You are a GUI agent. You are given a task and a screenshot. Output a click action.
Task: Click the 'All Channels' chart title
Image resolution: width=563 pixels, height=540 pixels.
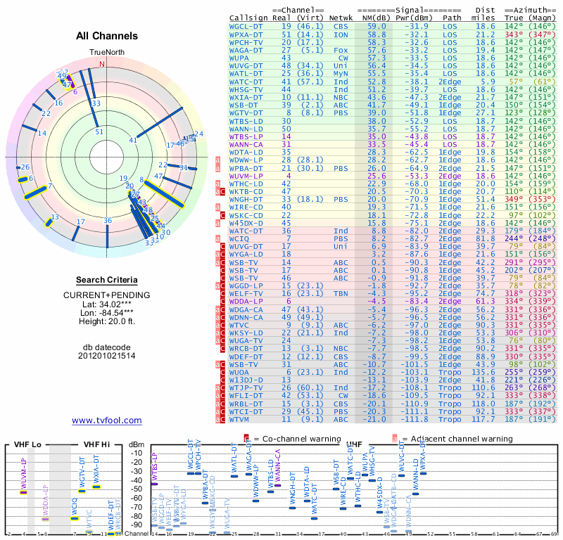click(x=107, y=36)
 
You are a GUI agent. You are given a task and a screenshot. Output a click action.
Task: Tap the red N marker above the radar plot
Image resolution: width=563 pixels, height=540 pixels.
click(x=103, y=64)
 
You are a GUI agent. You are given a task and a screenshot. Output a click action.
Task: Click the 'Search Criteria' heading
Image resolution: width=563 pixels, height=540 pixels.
click(x=107, y=280)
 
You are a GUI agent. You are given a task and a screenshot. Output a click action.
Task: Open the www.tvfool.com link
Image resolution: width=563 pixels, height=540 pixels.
click(x=107, y=420)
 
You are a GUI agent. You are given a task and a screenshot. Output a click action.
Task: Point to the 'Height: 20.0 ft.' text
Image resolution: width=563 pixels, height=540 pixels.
click(x=107, y=322)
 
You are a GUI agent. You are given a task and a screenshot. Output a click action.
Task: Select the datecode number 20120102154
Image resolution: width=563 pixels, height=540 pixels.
click(x=107, y=356)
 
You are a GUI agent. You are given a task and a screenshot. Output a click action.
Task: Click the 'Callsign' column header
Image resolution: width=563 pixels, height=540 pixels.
click(x=248, y=17)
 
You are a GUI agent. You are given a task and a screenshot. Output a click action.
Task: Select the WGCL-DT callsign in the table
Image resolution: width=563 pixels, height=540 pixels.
click(x=249, y=26)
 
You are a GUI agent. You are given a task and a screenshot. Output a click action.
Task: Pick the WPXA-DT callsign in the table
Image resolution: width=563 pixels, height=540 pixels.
click(x=249, y=34)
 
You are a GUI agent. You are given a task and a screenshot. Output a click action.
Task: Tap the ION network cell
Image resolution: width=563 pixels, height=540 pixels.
click(x=341, y=34)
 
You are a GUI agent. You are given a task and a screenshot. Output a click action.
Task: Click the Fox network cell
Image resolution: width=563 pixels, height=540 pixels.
click(x=341, y=50)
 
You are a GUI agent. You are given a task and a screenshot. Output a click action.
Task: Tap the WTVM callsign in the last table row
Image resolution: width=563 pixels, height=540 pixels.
click(x=244, y=419)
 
